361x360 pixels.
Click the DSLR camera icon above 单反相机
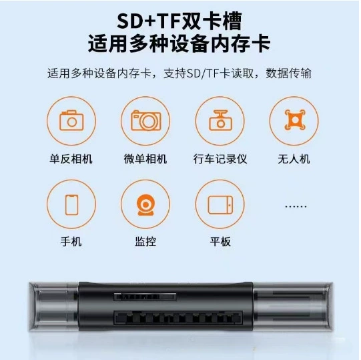(71, 120)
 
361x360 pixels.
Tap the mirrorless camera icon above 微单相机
(146, 120)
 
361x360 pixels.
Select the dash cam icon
(220, 120)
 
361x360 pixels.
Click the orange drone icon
(295, 120)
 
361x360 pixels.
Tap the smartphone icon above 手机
(71, 204)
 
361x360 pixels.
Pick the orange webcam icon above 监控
(145, 205)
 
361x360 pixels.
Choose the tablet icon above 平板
(220, 204)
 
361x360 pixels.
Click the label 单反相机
(71, 159)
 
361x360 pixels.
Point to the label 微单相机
(145, 159)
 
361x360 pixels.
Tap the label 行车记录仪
(220, 159)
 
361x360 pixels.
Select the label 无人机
(294, 159)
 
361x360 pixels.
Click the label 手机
(71, 242)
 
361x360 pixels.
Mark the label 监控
(145, 242)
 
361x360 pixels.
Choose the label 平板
(220, 242)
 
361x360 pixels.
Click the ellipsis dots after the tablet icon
(296, 206)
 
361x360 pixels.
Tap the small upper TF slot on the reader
(145, 297)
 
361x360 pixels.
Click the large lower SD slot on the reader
(178, 317)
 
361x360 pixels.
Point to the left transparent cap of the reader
(53, 307)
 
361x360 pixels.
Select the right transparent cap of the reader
(293, 307)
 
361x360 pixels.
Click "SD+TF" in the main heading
(149, 21)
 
